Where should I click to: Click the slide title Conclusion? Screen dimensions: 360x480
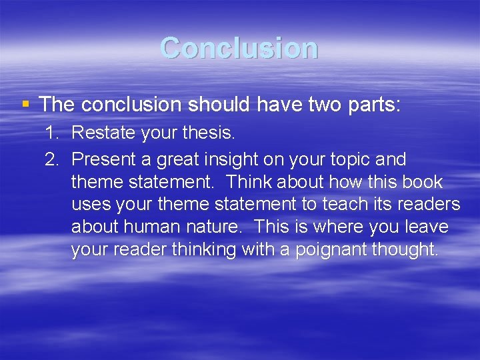(x=239, y=48)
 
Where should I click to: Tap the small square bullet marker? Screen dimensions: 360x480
(x=25, y=104)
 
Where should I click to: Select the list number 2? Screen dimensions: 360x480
(x=52, y=159)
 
